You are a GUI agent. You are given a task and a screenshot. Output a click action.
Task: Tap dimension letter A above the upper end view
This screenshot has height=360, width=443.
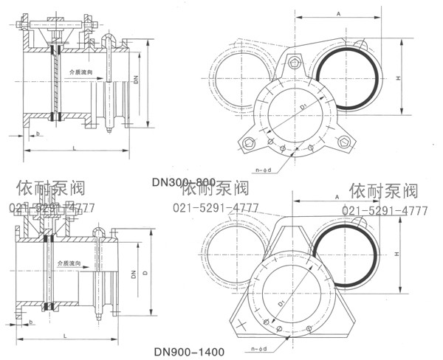coord(337,13)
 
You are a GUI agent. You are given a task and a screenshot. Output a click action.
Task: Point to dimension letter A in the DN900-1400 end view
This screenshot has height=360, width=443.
coord(336,198)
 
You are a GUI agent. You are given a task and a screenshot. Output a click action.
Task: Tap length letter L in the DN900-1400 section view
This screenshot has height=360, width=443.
coord(66,334)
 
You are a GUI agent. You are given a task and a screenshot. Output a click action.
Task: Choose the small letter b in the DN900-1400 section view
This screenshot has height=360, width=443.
coord(32,322)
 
